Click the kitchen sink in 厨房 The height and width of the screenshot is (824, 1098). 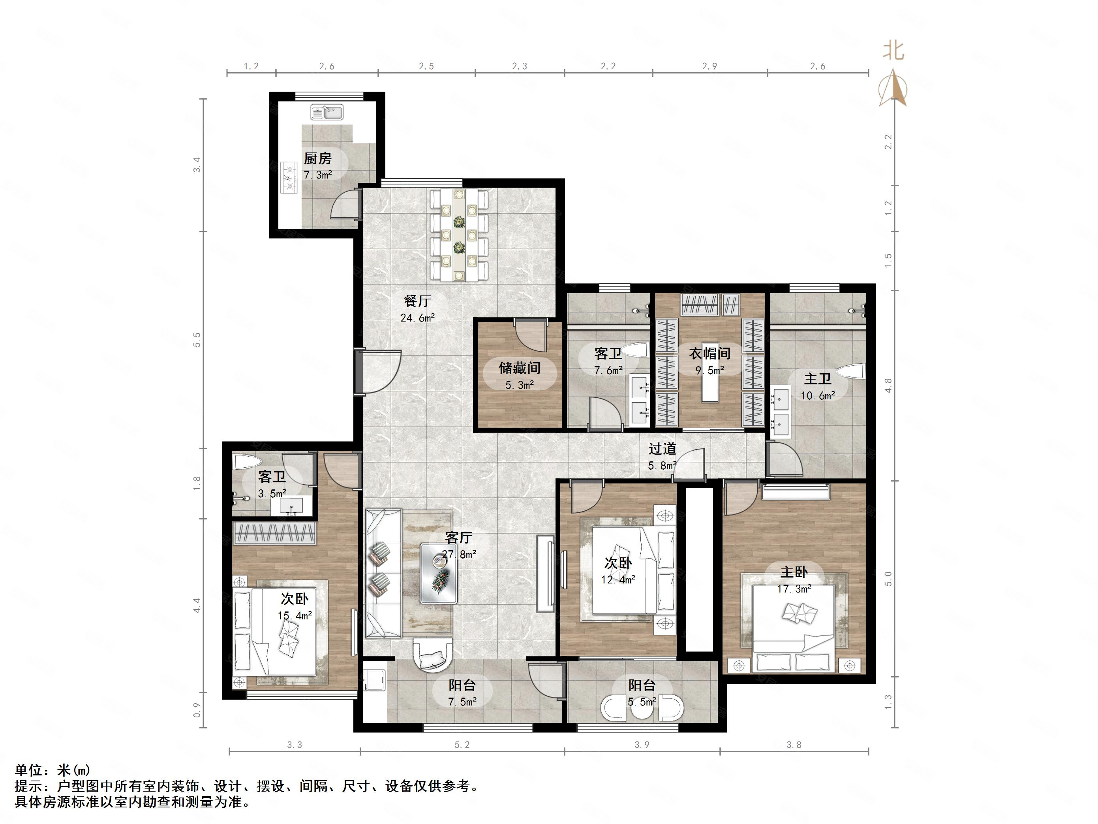[x=327, y=112]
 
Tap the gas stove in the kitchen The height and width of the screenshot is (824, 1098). [x=288, y=177]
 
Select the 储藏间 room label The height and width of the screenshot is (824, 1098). [x=519, y=368]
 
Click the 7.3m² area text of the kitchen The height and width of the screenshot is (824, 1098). [x=318, y=175]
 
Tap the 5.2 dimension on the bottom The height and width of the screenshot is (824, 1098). [x=462, y=745]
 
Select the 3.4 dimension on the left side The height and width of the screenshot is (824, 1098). [x=197, y=164]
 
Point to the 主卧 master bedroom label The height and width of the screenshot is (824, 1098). [x=794, y=572]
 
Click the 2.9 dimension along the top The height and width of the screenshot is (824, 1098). [x=709, y=66]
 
